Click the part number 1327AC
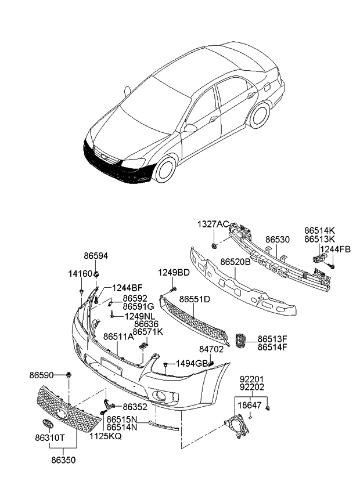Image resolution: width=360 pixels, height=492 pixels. [x=213, y=224]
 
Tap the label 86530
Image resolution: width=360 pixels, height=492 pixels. [x=278, y=239]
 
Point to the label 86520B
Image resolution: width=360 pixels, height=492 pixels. [x=235, y=262]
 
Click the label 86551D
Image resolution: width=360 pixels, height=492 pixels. [x=195, y=299]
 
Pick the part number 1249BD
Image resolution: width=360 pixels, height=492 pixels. [x=174, y=273]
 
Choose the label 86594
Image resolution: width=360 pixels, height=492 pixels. [x=96, y=255]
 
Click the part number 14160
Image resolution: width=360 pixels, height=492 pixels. [x=81, y=273]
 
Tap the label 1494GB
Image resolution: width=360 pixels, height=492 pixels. [x=192, y=363]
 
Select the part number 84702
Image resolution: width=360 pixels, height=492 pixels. [x=212, y=350]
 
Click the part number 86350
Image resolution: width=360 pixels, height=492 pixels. [x=64, y=460]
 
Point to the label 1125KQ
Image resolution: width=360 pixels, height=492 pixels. [x=106, y=435]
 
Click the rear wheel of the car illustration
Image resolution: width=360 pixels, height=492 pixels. [x=259, y=115]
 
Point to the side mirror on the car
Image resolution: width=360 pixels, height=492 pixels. [x=190, y=128]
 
